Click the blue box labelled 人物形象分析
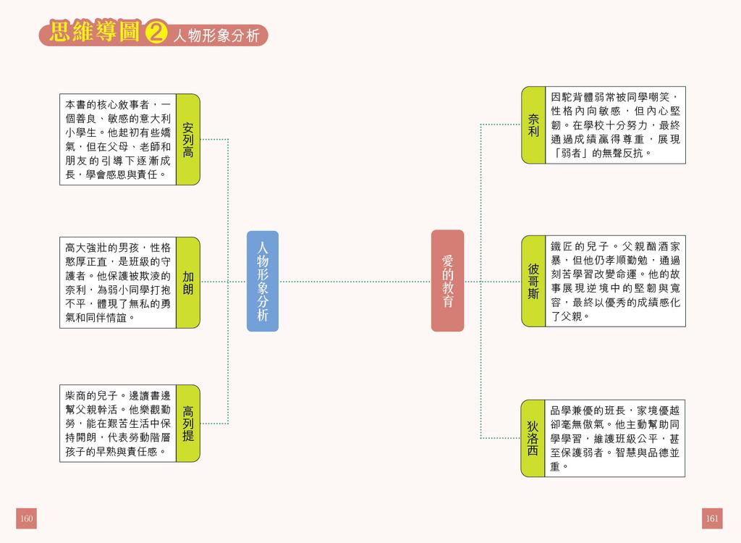[x=262, y=281]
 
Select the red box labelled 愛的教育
[x=447, y=281]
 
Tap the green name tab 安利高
[x=187, y=139]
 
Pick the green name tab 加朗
[x=187, y=282]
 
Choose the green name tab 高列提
[x=187, y=424]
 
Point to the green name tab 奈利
[x=533, y=125]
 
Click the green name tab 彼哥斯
[x=533, y=281]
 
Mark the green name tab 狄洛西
[x=533, y=438]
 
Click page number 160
[x=27, y=518]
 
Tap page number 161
[x=712, y=518]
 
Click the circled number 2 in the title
[x=156, y=34]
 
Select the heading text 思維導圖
[x=94, y=33]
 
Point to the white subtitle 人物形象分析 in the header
[x=216, y=36]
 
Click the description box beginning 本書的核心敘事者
[x=117, y=139]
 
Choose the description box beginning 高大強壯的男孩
[x=117, y=282]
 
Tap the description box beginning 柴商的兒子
[x=117, y=424]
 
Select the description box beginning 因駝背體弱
[x=615, y=125]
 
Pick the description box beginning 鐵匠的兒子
[x=615, y=281]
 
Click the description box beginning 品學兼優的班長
[x=615, y=438]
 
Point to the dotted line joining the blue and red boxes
[x=355, y=282]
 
